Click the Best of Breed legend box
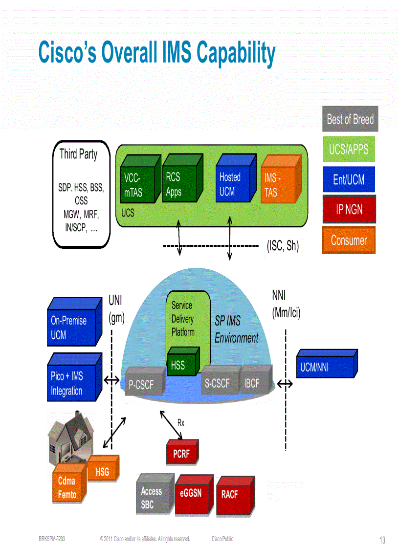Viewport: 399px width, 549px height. click(350, 119)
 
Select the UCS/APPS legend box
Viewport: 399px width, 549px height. click(348, 149)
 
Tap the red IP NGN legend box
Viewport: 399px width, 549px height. click(349, 210)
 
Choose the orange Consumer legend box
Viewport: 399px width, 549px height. click(348, 240)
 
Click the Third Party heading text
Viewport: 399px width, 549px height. click(78, 154)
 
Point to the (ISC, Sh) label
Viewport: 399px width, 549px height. click(283, 246)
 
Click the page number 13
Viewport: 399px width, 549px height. click(382, 540)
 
